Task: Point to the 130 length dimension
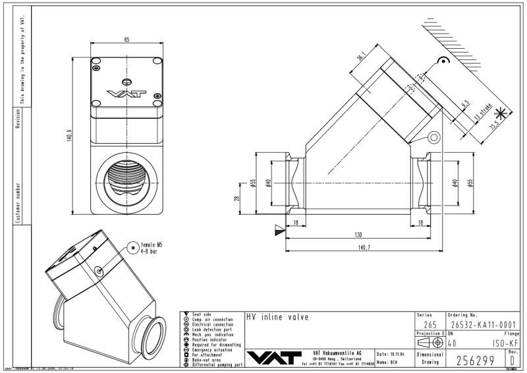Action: coord(358,235)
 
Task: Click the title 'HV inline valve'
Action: coord(277,316)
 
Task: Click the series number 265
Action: coord(429,324)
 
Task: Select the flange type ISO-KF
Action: coord(503,342)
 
